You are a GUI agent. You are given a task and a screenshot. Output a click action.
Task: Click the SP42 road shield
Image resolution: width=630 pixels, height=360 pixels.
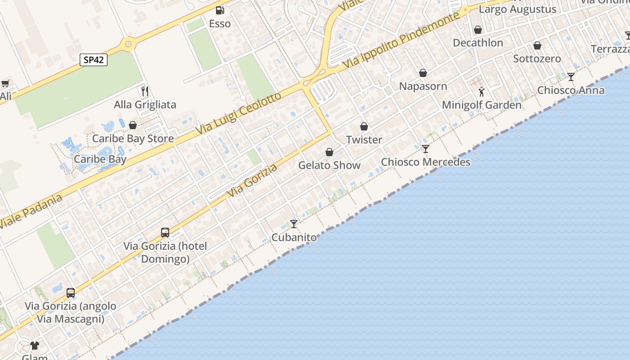pyautogui.click(x=94, y=59)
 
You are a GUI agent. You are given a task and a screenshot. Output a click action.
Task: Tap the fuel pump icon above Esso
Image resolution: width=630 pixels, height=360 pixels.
pyautogui.click(x=220, y=10)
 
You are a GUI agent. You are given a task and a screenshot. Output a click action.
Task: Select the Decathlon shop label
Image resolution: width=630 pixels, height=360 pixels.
pyautogui.click(x=478, y=43)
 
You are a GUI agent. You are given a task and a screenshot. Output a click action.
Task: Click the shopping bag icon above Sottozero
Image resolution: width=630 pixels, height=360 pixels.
pyautogui.click(x=537, y=45)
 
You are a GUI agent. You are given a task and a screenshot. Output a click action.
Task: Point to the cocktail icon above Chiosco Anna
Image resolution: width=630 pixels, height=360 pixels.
pyautogui.click(x=571, y=77)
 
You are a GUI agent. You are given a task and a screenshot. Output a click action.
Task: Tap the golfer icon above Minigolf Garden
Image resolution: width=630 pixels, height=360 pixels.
pyautogui.click(x=481, y=92)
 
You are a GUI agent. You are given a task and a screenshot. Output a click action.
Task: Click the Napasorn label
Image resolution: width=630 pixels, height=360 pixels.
pyautogui.click(x=423, y=86)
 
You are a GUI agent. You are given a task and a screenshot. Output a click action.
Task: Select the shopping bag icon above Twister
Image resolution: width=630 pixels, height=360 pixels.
pyautogui.click(x=364, y=126)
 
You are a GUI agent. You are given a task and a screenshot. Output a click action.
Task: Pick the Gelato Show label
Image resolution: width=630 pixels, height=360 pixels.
pyautogui.click(x=329, y=165)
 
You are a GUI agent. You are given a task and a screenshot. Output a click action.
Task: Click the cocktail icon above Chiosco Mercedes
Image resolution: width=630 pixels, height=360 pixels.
pyautogui.click(x=426, y=148)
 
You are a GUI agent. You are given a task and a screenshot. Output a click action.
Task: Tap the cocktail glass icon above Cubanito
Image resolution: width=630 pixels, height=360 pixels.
pyautogui.click(x=294, y=224)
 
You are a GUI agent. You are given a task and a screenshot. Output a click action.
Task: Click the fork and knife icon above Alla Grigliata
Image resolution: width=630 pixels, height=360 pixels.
pyautogui.click(x=145, y=91)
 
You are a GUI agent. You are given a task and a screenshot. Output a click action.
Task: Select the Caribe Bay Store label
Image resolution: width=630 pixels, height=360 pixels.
pyautogui.click(x=133, y=139)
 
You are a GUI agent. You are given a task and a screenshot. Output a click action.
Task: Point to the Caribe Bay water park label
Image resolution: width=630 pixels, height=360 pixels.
pyautogui.click(x=100, y=159)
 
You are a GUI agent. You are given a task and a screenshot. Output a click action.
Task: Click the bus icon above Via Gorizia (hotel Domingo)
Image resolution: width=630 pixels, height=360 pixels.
pyautogui.click(x=165, y=233)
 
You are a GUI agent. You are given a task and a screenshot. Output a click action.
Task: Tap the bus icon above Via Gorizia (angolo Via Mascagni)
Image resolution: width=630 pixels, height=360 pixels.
pyautogui.click(x=71, y=292)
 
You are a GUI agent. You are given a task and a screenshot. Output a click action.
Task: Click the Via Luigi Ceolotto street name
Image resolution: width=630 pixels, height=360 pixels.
pyautogui.click(x=238, y=113)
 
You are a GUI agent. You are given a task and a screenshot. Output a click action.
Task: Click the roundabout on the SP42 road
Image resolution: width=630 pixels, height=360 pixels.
pyautogui.click(x=129, y=44)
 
